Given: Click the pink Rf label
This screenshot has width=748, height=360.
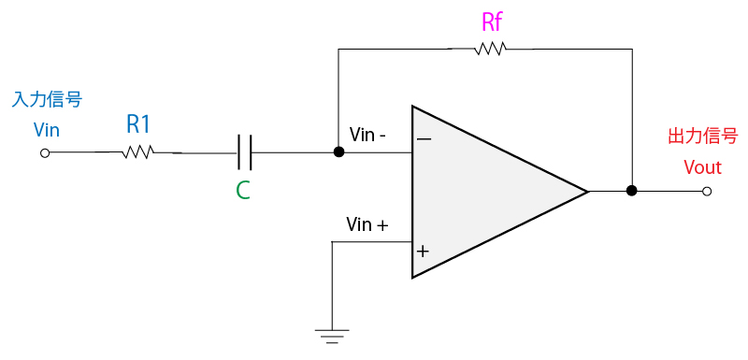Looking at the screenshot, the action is click(492, 22).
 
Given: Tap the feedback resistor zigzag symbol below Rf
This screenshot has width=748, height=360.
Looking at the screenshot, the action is click(491, 49).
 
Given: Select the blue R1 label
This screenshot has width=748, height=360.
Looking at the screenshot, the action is click(137, 125).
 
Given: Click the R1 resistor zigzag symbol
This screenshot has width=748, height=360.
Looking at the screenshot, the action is click(137, 152).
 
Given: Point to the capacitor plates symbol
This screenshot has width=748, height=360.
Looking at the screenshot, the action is click(244, 152).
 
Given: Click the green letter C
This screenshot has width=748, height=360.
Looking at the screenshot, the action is click(243, 190).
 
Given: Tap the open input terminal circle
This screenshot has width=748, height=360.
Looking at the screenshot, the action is click(45, 153).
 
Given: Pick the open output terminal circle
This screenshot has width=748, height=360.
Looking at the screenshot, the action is click(707, 191).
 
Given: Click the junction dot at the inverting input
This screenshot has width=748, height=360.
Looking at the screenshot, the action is click(338, 152).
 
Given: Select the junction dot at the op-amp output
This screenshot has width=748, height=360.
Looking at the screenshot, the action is click(632, 191).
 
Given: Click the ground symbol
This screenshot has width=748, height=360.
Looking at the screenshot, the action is click(332, 336).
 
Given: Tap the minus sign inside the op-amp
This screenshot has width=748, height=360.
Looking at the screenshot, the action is click(424, 139).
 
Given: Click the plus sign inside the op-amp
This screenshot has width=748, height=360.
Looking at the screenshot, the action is click(423, 252).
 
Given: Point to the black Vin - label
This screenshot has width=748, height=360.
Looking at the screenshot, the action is click(367, 136).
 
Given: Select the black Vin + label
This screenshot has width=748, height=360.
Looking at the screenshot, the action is click(367, 224).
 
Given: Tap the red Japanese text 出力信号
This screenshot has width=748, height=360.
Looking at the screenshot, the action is click(701, 137).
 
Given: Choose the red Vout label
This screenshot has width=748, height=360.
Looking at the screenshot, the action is click(702, 167).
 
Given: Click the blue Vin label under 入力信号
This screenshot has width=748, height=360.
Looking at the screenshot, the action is click(46, 130).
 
